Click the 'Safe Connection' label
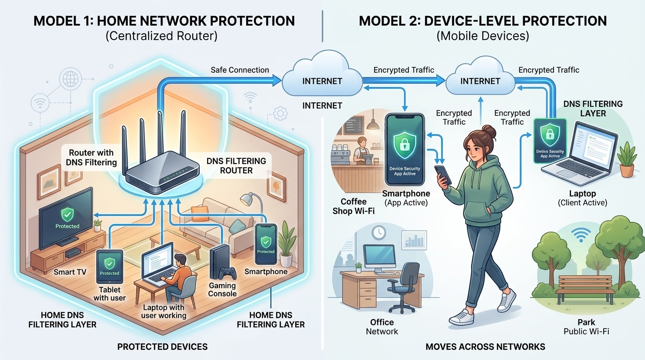[240, 70]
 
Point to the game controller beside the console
[228, 273]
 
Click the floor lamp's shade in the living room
[247, 199]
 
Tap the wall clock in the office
[379, 232]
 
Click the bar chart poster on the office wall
[413, 240]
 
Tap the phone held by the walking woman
[443, 175]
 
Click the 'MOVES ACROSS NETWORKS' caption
[485, 347]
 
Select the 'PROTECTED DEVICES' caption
[162, 347]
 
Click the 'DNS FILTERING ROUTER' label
[236, 165]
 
